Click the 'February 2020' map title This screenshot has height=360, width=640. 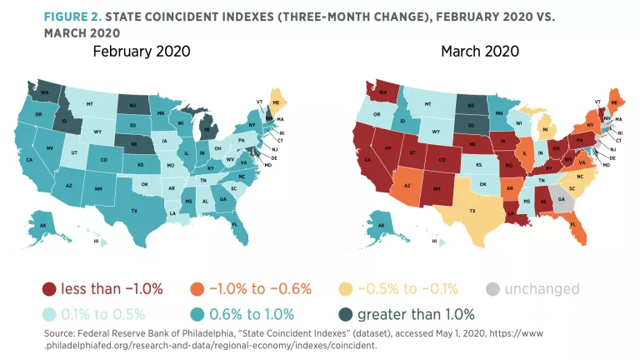pyautogui.click(x=142, y=52)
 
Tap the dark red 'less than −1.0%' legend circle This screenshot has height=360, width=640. pyautogui.click(x=50, y=289)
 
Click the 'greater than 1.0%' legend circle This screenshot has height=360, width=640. pyautogui.click(x=344, y=314)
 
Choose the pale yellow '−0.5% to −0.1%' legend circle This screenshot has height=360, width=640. pyautogui.click(x=347, y=289)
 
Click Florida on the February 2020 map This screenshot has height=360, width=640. pyautogui.click(x=235, y=223)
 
